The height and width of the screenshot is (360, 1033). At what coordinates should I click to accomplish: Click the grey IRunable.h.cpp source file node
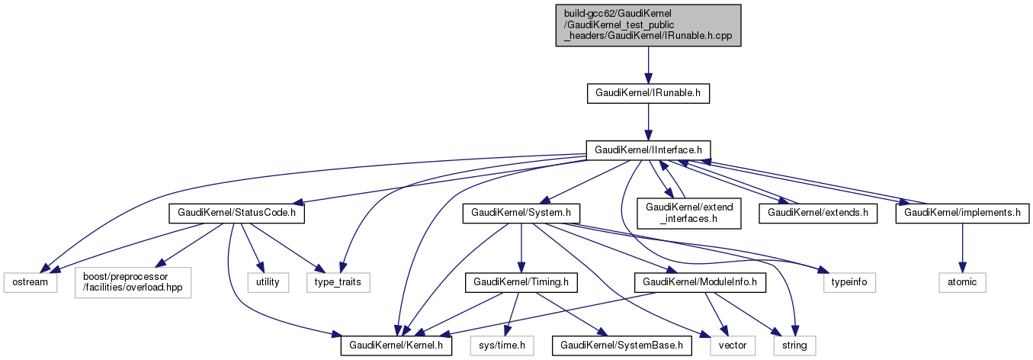pos(648,25)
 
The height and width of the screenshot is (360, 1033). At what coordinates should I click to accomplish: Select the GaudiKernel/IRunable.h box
pos(648,94)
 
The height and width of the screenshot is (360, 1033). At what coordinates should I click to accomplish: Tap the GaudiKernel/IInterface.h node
pos(648,149)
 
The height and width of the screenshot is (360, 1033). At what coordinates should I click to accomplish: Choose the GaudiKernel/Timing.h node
pos(521,282)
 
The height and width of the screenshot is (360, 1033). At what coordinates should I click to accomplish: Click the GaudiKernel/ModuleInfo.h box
pos(701,282)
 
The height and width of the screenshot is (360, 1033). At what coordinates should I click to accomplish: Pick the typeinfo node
pos(849,282)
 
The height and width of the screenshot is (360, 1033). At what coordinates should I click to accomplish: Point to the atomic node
pos(961,282)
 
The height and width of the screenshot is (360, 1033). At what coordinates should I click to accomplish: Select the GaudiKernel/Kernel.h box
pos(396,346)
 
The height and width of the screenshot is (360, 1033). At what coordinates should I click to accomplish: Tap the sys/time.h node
pos(502,346)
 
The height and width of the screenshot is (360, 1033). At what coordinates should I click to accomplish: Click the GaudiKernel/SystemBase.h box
pos(623,346)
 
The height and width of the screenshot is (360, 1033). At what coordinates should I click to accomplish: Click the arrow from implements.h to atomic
pos(961,248)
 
